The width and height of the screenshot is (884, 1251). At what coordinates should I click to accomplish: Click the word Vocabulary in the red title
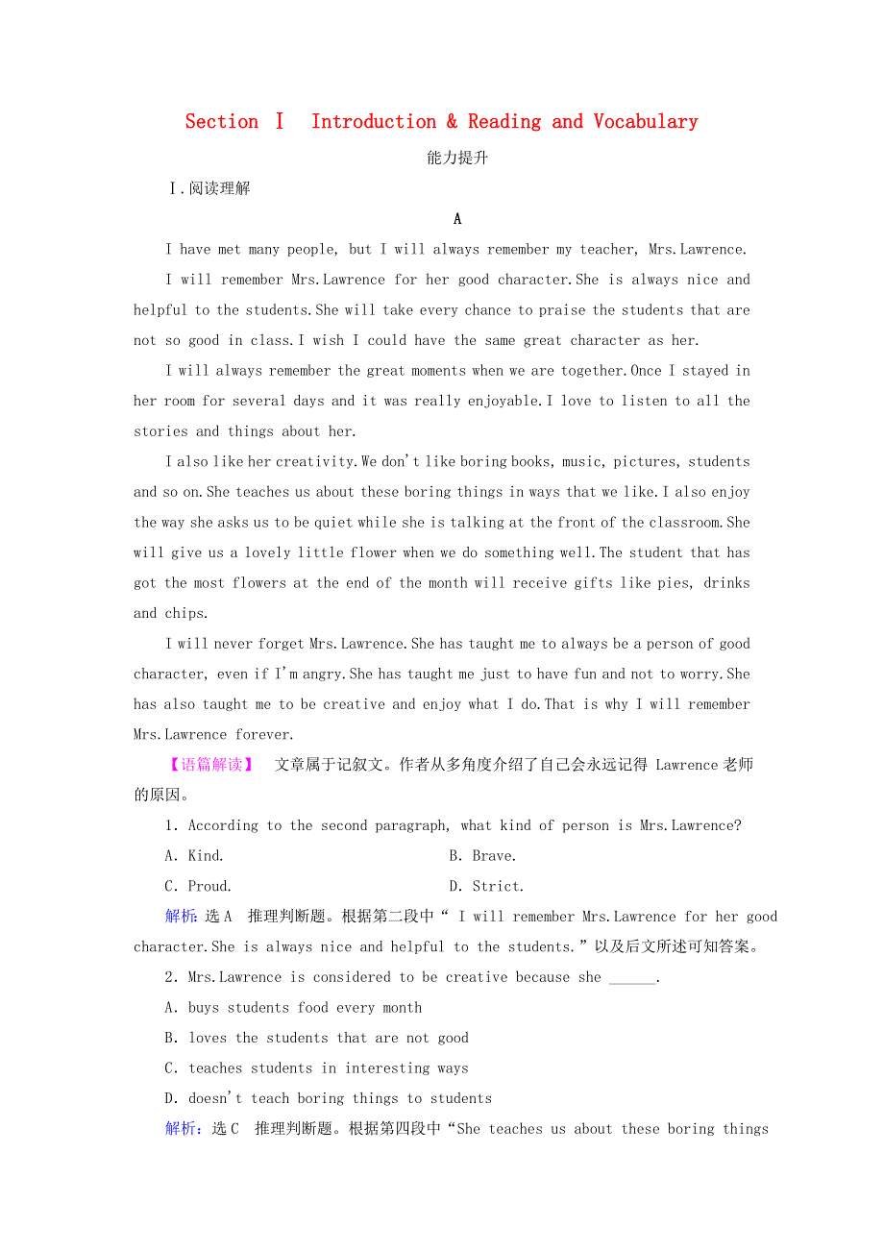645,122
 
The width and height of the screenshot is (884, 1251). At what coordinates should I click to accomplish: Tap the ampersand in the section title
452,122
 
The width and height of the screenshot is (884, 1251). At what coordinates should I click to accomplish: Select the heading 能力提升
457,159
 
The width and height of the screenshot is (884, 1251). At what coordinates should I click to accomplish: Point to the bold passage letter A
457,219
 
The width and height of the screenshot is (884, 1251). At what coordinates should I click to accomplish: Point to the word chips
184,614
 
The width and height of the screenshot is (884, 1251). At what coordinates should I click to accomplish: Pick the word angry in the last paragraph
321,675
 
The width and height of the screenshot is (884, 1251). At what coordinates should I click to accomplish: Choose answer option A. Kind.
194,856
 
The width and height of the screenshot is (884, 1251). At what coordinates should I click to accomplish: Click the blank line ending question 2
633,978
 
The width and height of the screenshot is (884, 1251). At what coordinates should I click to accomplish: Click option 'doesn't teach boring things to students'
329,1099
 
